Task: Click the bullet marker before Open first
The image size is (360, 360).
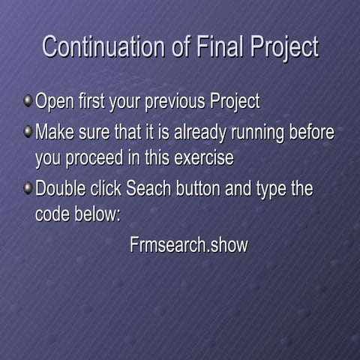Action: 28,100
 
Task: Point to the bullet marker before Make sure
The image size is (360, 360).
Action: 28,132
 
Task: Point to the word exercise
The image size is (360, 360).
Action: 204,159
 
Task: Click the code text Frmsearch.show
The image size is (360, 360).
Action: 188,245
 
